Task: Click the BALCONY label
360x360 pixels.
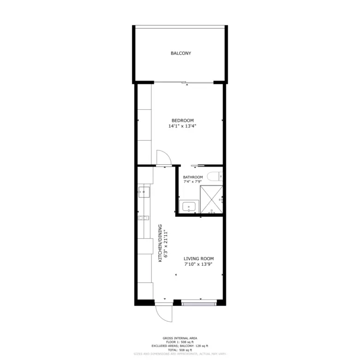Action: point(180,54)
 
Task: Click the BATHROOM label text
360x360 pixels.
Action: point(192,177)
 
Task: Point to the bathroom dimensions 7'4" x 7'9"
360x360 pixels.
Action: point(192,182)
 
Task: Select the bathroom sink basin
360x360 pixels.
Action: point(188,207)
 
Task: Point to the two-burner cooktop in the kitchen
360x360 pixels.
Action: point(144,218)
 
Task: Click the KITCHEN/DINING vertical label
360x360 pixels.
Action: point(160,243)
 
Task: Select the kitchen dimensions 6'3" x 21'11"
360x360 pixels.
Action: point(165,243)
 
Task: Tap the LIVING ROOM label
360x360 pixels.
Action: point(198,259)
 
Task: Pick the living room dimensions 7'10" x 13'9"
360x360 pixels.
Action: point(198,264)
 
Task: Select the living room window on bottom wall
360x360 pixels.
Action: point(198,303)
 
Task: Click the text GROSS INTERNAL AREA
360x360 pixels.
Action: point(180,338)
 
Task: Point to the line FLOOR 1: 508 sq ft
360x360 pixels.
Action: point(180,342)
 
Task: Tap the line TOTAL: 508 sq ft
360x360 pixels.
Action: point(180,350)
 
